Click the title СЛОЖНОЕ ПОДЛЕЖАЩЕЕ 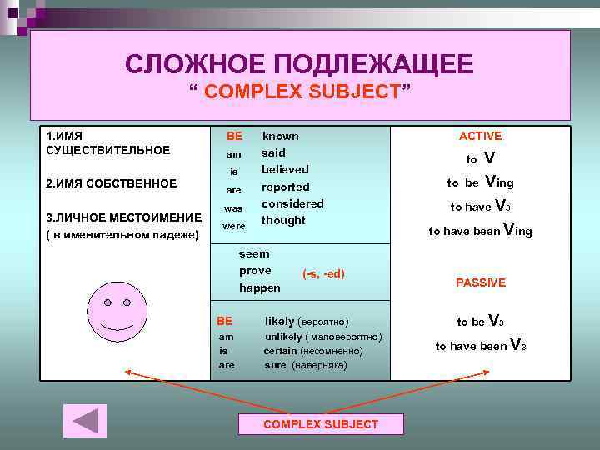click(299, 63)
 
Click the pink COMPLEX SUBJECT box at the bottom click(321, 424)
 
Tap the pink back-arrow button click(85, 420)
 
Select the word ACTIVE click(480, 136)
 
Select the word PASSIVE click(480, 282)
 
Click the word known click(281, 136)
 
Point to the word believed click(285, 169)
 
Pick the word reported click(285, 187)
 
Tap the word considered click(292, 203)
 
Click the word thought click(283, 220)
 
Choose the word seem click(254, 253)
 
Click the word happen click(259, 287)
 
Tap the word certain click(280, 351)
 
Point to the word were click(234, 226)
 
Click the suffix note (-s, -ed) click(323, 273)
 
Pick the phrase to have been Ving click(480, 231)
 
